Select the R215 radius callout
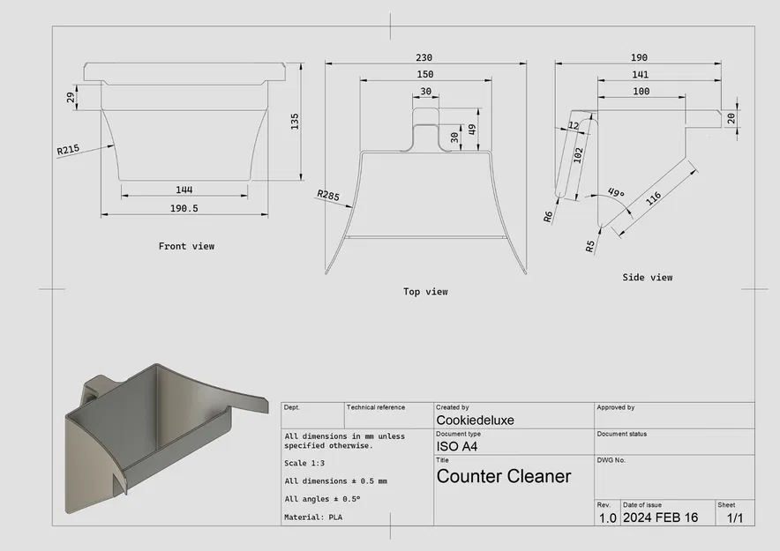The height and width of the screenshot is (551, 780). (x=68, y=150)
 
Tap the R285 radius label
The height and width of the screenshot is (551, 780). (x=328, y=195)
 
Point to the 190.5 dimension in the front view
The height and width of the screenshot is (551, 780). (x=183, y=208)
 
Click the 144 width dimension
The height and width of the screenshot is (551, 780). (x=184, y=190)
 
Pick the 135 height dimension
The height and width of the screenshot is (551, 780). (x=294, y=120)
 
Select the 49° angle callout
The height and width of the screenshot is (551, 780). (x=615, y=194)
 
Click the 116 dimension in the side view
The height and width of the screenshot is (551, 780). (x=654, y=197)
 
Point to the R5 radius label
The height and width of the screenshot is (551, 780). (x=590, y=246)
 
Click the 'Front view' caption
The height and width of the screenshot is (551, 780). (x=186, y=246)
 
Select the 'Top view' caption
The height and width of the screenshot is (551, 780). (x=425, y=292)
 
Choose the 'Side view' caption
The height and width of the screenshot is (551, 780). (x=647, y=278)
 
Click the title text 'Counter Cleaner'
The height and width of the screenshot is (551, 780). (x=504, y=477)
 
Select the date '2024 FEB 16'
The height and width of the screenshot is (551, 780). (x=660, y=517)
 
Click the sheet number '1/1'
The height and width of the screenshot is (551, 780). (x=734, y=517)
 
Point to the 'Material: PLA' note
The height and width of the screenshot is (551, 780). (x=312, y=517)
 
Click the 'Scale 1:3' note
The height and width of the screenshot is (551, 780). (x=310, y=464)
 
